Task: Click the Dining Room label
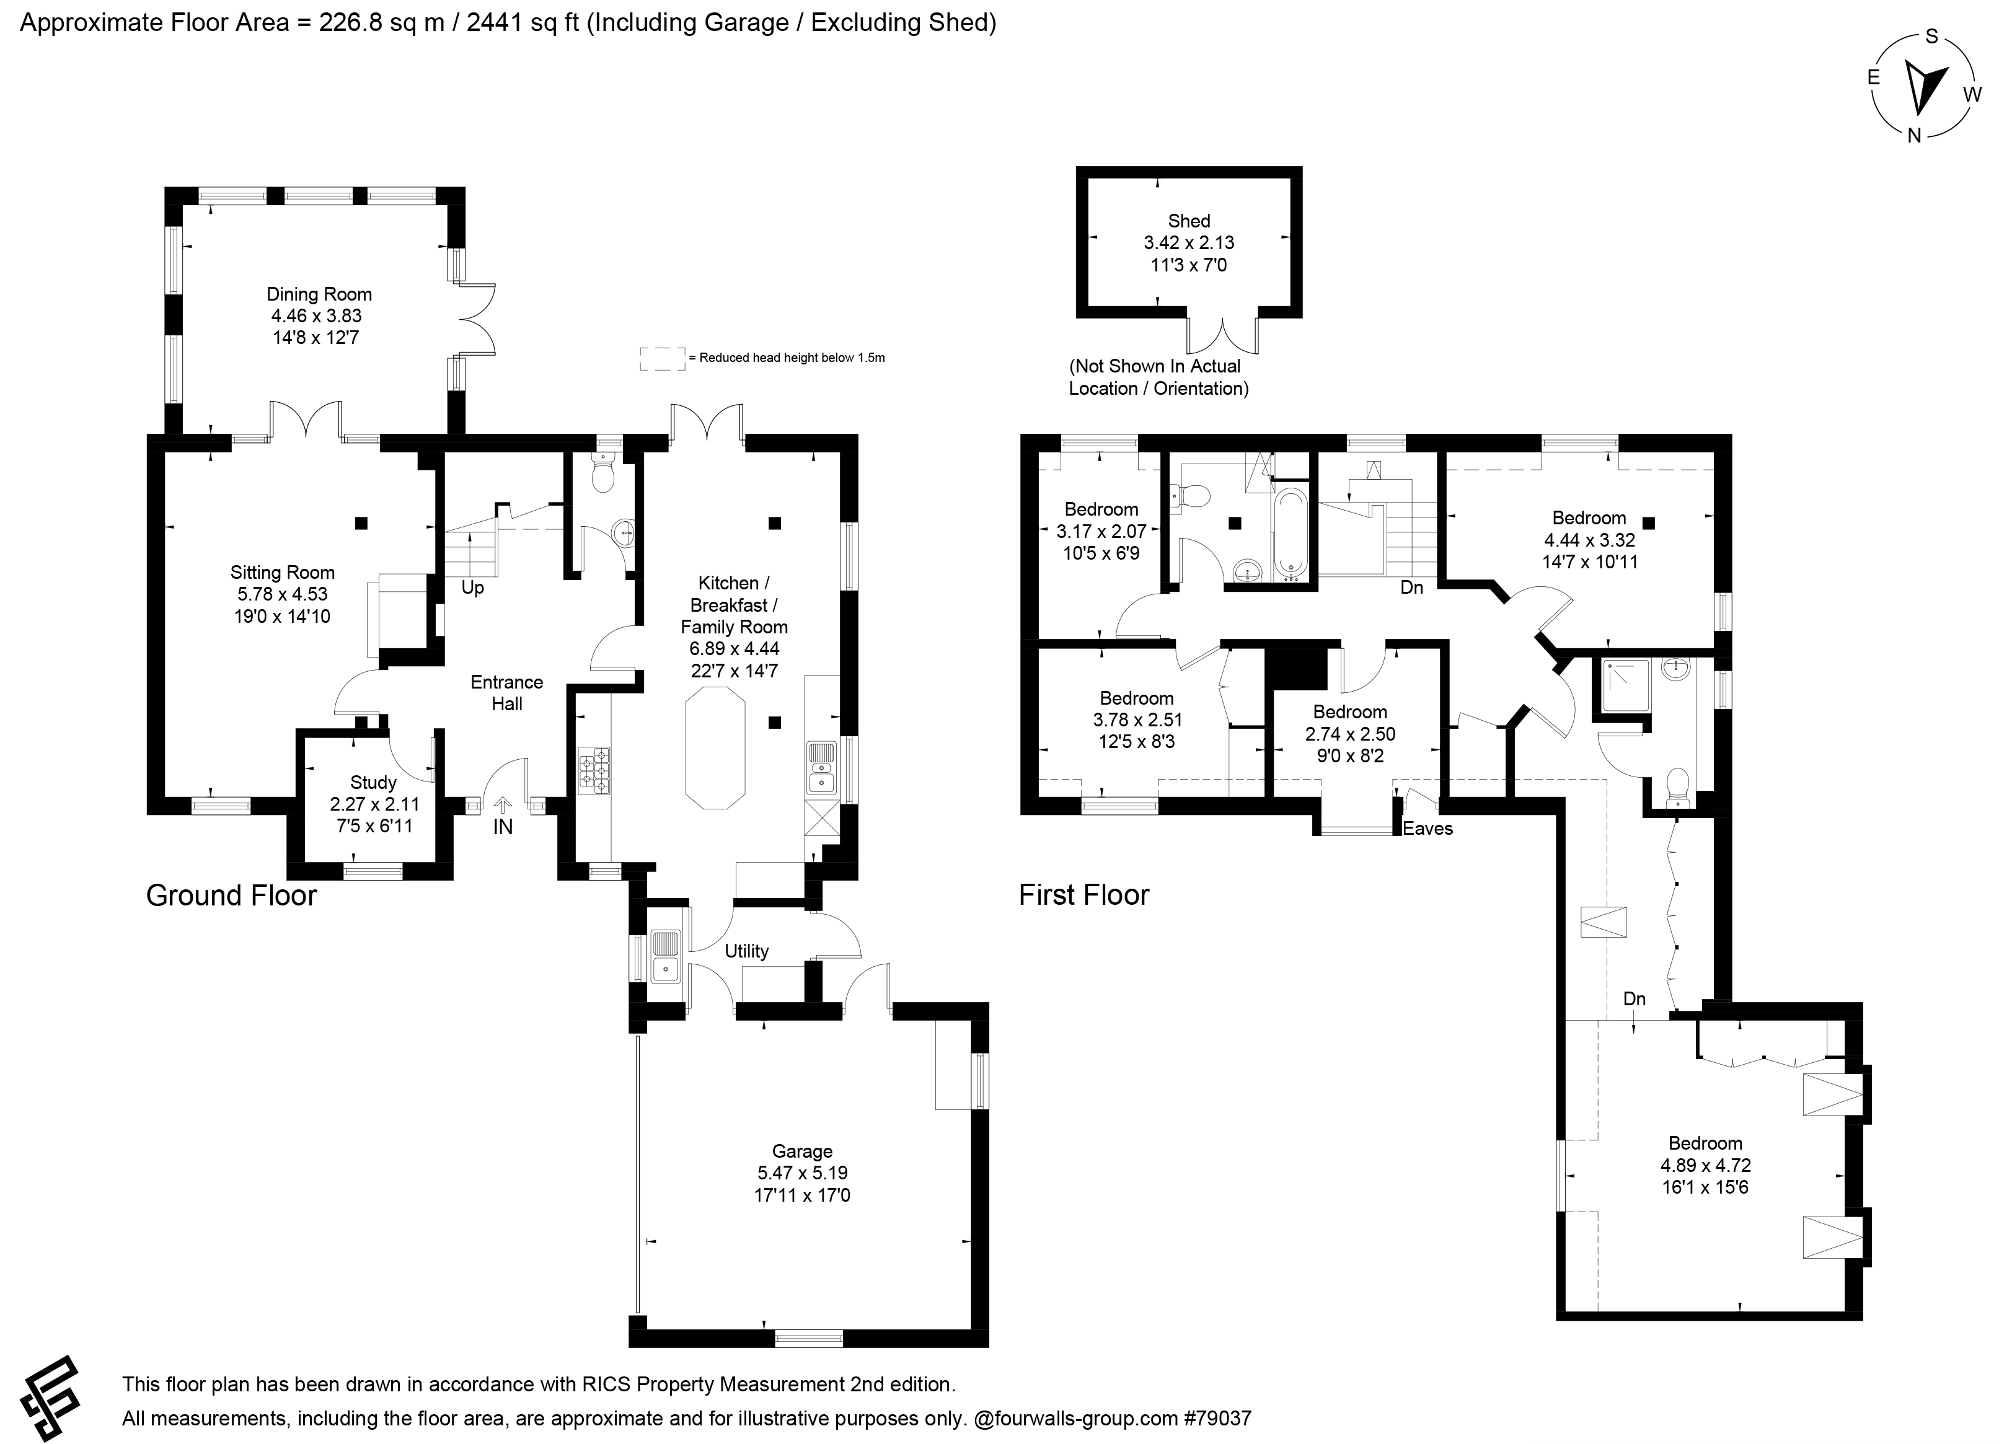coord(319,294)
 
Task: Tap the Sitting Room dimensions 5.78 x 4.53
coord(282,594)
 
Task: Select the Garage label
coord(802,1151)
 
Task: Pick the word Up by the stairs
coord(473,588)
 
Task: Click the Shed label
coord(1189,221)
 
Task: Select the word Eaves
coord(1427,829)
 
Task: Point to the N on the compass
coord(1915,135)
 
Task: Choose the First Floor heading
coord(1084,895)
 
